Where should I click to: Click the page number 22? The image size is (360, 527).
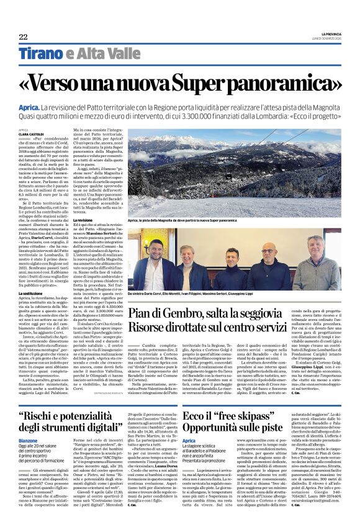pos(23,37)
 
